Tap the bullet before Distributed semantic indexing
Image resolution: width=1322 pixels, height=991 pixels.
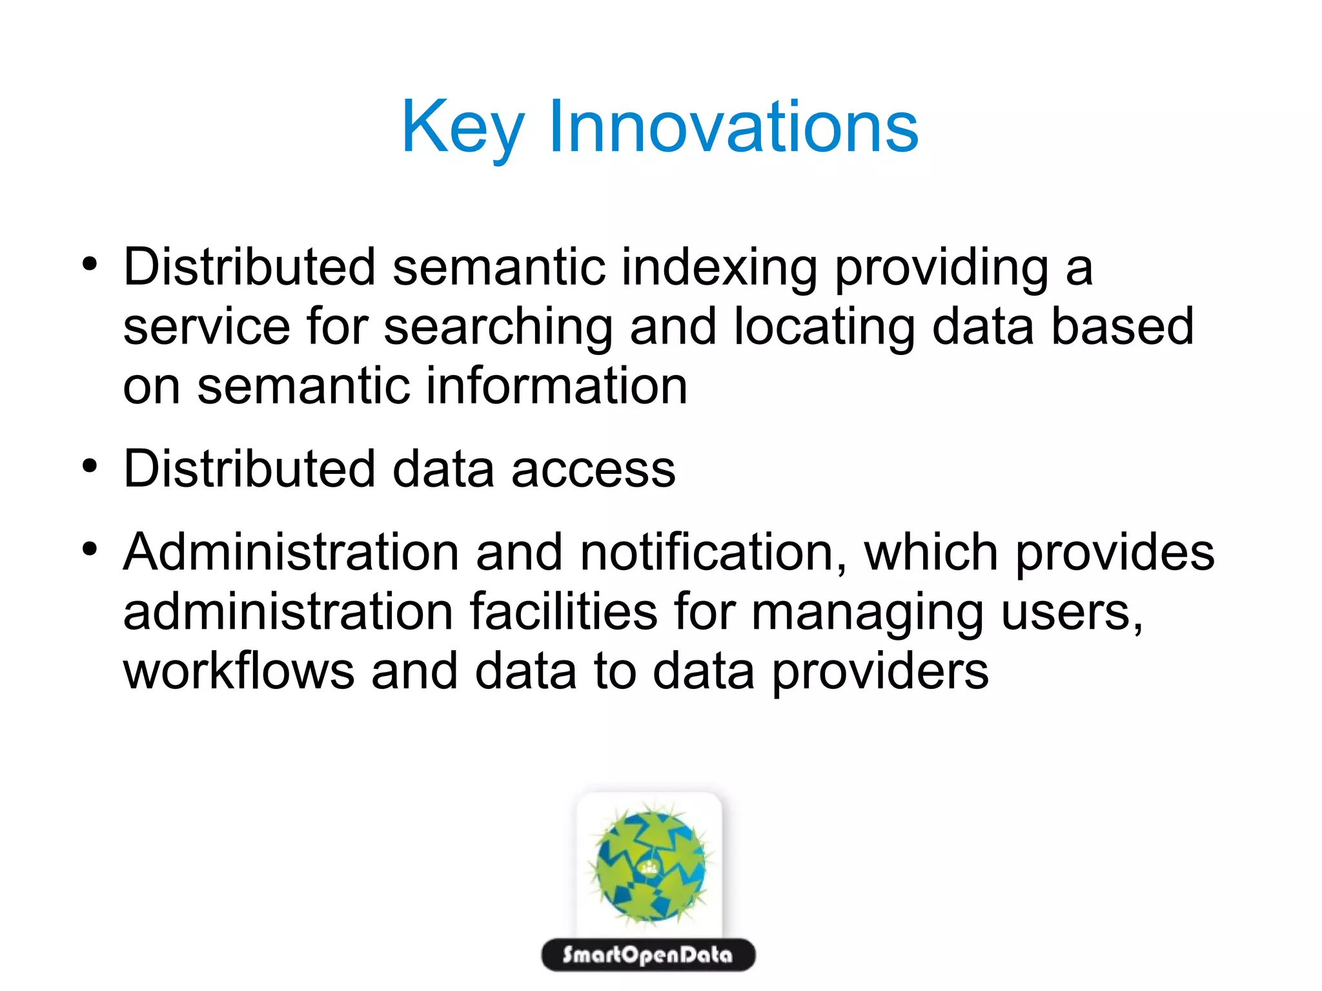tap(90, 264)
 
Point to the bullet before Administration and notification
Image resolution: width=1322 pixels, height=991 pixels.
tap(90, 549)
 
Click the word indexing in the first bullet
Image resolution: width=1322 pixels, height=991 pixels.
tap(719, 268)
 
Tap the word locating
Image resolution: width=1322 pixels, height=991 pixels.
tap(824, 327)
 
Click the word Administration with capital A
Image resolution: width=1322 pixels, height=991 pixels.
tap(291, 553)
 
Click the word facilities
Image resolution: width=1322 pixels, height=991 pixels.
tap(563, 611)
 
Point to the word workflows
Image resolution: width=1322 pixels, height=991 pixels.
tap(238, 671)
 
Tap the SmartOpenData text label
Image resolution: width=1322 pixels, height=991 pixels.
tap(647, 955)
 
